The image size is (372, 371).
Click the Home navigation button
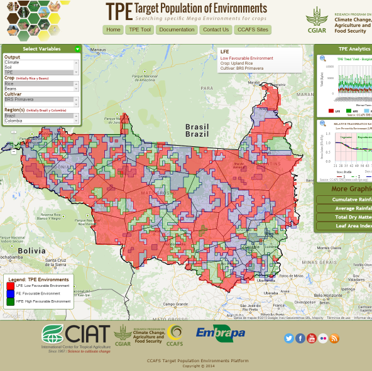113,30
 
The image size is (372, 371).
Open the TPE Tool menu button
139,30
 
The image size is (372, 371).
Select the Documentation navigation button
177,30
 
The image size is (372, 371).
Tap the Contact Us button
216,30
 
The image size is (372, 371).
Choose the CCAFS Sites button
253,30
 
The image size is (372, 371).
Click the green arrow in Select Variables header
77,48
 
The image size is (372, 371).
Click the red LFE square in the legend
10,286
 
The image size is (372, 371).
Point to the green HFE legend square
10,301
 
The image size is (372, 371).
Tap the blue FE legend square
10,294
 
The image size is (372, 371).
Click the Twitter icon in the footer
289,338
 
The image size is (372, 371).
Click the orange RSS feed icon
334,338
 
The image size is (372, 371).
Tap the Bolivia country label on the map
31,250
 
